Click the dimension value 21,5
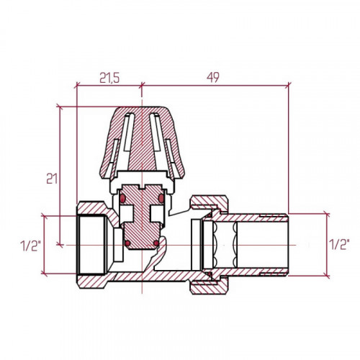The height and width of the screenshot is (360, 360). pos(109,78)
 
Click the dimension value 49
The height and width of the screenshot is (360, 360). pos(213,77)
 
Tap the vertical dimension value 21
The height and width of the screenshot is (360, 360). pos(52,179)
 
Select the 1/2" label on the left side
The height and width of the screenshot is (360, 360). pos(30,246)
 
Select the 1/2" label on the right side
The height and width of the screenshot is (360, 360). pos(339,245)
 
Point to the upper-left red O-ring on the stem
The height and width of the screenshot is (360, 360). pos(123,198)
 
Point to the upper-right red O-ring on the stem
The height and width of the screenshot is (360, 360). pos(161,198)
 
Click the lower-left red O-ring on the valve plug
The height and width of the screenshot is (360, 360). pos(128,243)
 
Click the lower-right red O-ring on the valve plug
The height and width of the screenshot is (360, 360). pos(156,243)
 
